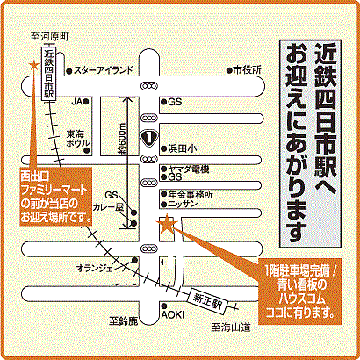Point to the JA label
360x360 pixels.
coord(76,101)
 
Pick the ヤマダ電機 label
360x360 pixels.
coord(190,168)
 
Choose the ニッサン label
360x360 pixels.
coord(184,203)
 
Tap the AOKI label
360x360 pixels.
coord(173,316)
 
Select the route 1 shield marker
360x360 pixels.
coord(150,138)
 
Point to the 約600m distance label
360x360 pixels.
coord(120,141)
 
